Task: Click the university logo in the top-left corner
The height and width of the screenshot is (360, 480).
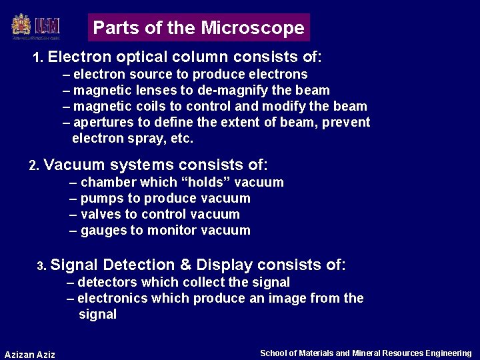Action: (36, 27)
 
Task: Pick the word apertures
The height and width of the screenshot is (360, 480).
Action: (103, 123)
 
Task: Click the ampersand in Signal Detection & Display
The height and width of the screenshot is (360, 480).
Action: (185, 265)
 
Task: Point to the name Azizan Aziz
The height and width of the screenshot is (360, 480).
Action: (30, 354)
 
